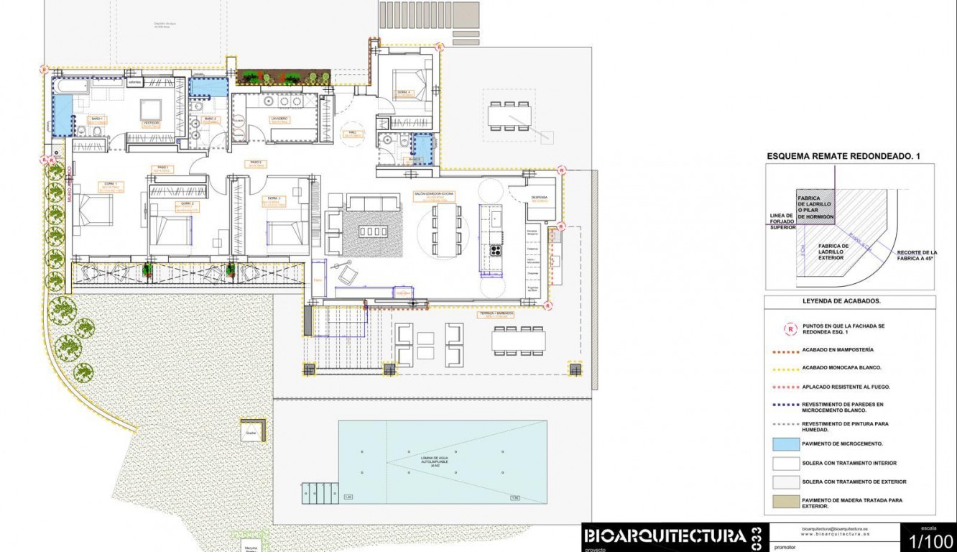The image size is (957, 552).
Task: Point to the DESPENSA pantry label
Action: click(x=540, y=198)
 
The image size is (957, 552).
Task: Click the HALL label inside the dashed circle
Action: click(x=352, y=134)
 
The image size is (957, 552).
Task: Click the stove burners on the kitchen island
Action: click(x=495, y=250)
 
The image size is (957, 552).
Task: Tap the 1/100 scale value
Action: click(x=931, y=540)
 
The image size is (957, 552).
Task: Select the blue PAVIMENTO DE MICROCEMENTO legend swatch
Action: click(x=785, y=443)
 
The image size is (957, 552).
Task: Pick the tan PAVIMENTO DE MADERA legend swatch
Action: click(x=785, y=502)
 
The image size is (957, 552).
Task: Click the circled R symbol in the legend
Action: click(x=790, y=329)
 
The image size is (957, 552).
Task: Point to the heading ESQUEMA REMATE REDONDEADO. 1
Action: click(x=843, y=155)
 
